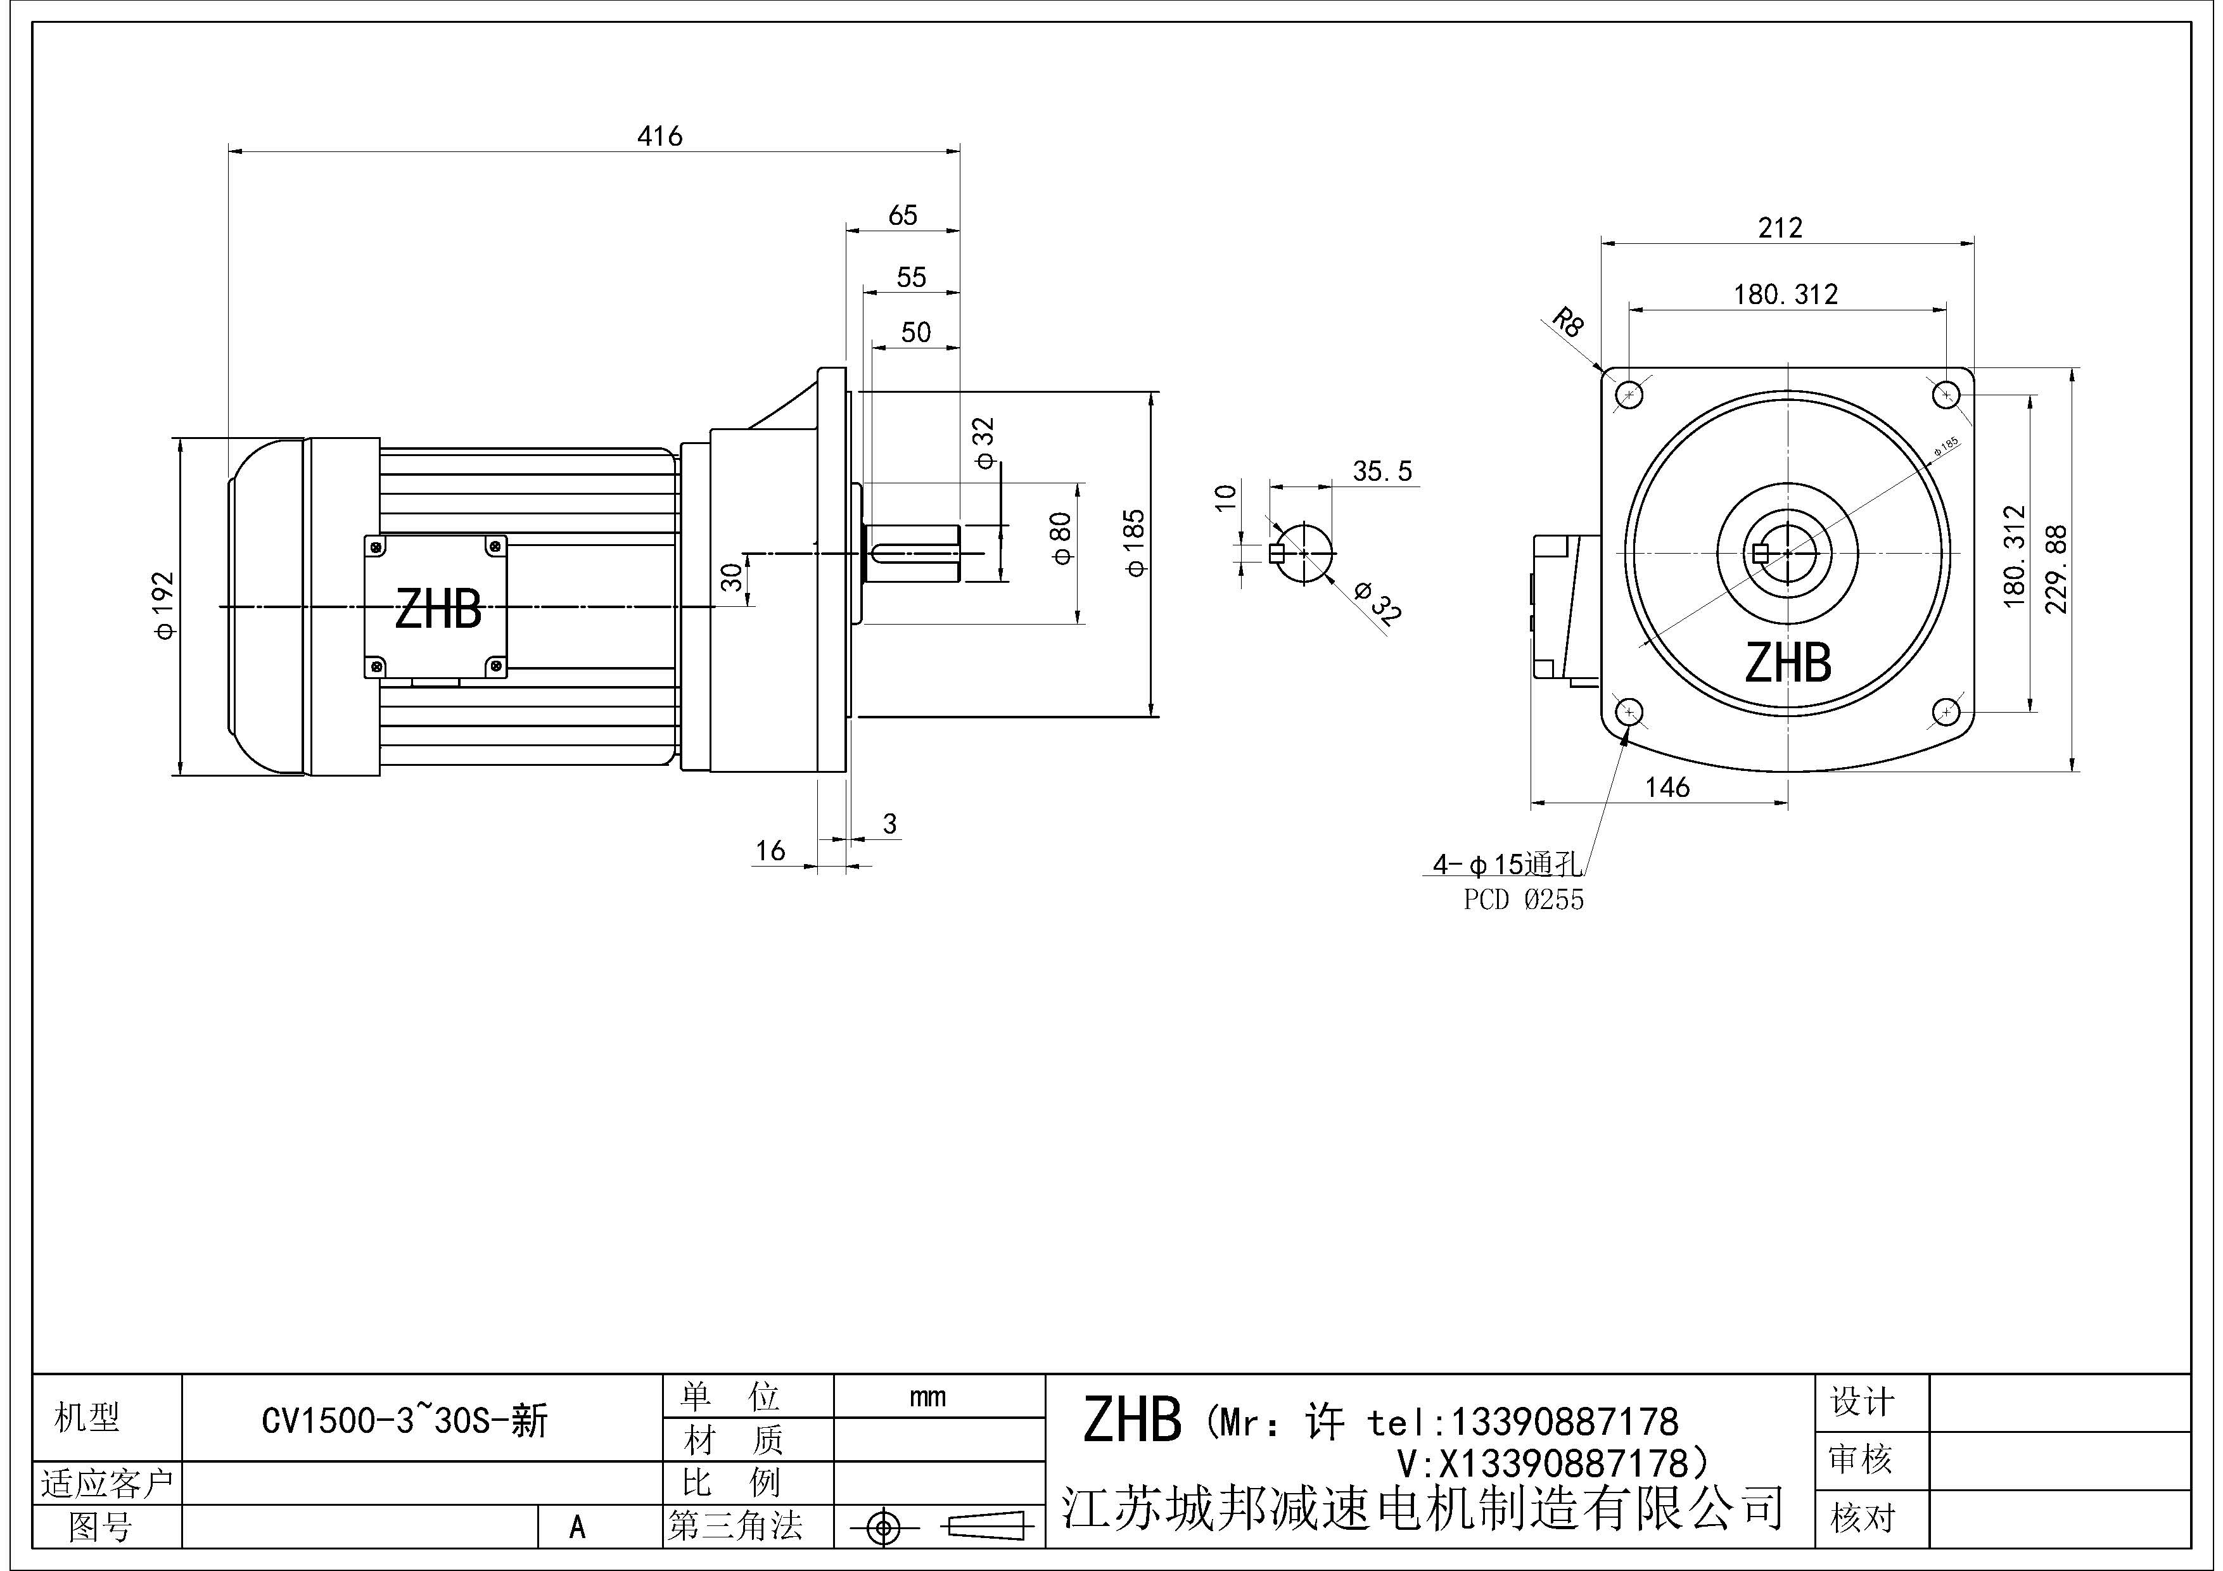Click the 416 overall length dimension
pos(659,136)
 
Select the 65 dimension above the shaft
pos(902,215)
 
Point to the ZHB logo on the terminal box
pos(438,610)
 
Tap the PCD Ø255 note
pos(1523,900)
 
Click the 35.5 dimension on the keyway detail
pos(1382,471)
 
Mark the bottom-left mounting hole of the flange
pos(1629,713)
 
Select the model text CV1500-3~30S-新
pos(405,1421)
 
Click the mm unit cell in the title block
pos(927,1397)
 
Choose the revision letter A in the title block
pos(577,1527)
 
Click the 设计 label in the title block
pos(1861,1402)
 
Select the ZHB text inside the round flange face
pos(1787,663)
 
